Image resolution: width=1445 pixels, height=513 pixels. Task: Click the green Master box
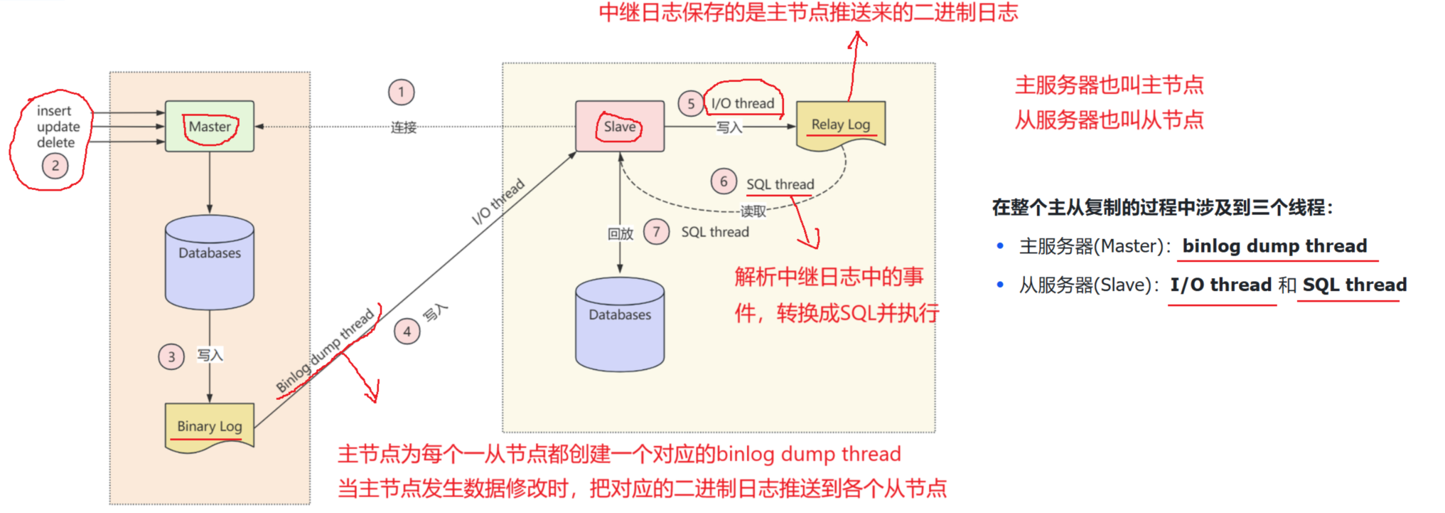pos(210,127)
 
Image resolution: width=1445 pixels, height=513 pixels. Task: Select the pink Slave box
pos(620,127)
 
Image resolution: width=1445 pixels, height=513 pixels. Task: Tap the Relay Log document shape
pos(841,125)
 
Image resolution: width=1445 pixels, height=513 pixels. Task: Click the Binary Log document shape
pos(210,426)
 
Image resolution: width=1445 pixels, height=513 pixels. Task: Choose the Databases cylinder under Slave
pos(620,324)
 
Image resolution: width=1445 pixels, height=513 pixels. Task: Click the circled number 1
pos(401,92)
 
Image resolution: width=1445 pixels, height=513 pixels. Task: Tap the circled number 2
pos(55,166)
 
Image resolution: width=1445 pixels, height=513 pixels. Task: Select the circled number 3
pos(171,356)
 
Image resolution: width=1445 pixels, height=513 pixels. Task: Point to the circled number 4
pos(407,332)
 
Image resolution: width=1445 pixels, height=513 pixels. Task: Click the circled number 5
pos(690,104)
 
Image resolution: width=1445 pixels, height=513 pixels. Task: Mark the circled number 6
pos(724,181)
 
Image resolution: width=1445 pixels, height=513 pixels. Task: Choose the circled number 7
pos(656,232)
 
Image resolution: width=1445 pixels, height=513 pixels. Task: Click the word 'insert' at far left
pos(54,111)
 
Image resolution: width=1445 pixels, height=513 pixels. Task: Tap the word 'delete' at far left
pos(55,142)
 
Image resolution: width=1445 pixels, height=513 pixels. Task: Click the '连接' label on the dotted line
pos(404,127)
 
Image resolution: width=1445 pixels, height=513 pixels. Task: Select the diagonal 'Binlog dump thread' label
pos(325,351)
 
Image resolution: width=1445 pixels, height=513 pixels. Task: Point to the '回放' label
pos(620,233)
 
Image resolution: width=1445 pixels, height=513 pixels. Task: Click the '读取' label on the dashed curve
pos(753,211)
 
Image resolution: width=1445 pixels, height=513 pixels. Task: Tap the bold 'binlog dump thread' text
pos(1274,246)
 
